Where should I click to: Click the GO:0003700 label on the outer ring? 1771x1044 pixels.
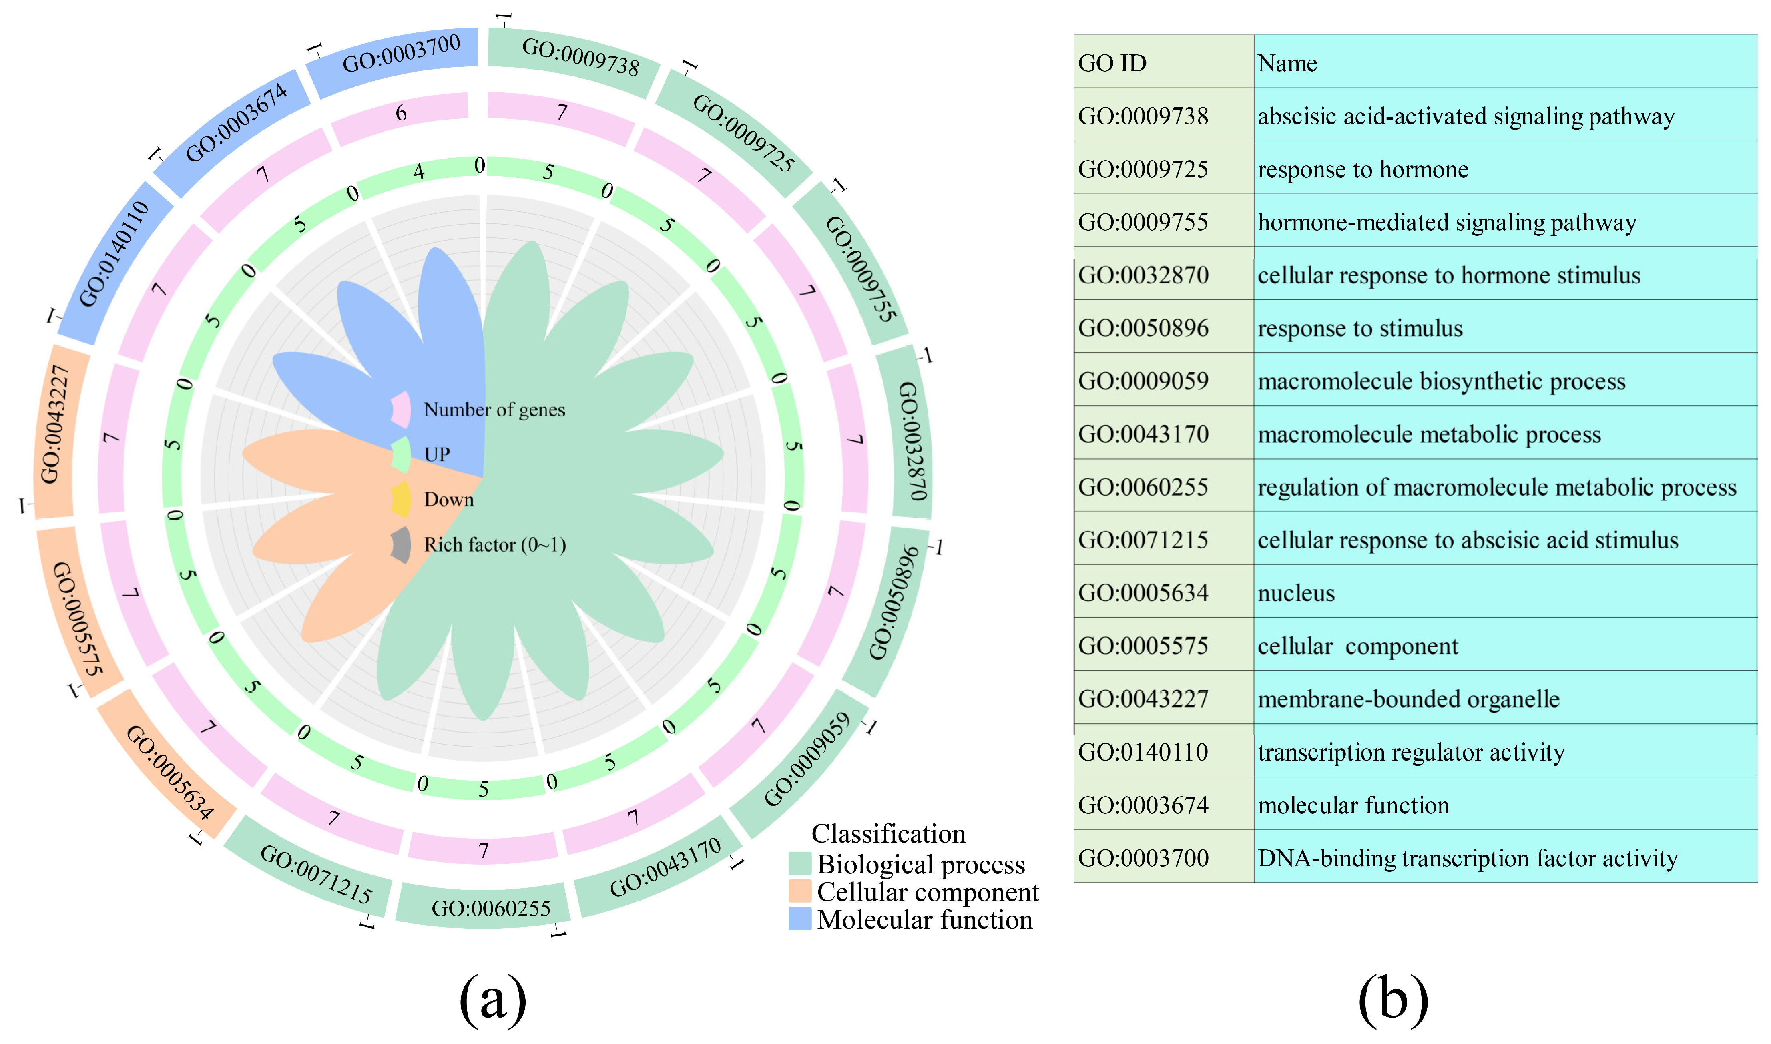point(401,54)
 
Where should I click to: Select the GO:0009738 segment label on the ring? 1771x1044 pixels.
point(580,56)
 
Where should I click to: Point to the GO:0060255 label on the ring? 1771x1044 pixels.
point(491,908)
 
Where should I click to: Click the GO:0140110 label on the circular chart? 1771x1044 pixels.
point(114,253)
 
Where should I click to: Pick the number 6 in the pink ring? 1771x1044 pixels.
point(401,112)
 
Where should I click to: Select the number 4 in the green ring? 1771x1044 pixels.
point(419,171)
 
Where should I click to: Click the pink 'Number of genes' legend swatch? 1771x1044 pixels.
point(401,410)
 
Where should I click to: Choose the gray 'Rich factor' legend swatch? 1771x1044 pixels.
point(401,544)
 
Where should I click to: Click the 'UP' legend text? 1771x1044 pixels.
point(437,454)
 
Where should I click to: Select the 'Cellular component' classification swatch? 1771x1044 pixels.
point(800,891)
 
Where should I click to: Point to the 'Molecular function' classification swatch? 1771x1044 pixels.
point(800,919)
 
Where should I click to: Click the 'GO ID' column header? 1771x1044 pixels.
point(1112,63)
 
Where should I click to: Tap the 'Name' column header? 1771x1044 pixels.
point(1287,63)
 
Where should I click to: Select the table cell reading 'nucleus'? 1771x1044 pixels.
point(1295,593)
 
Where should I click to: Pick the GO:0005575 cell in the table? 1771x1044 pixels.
point(1143,646)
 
